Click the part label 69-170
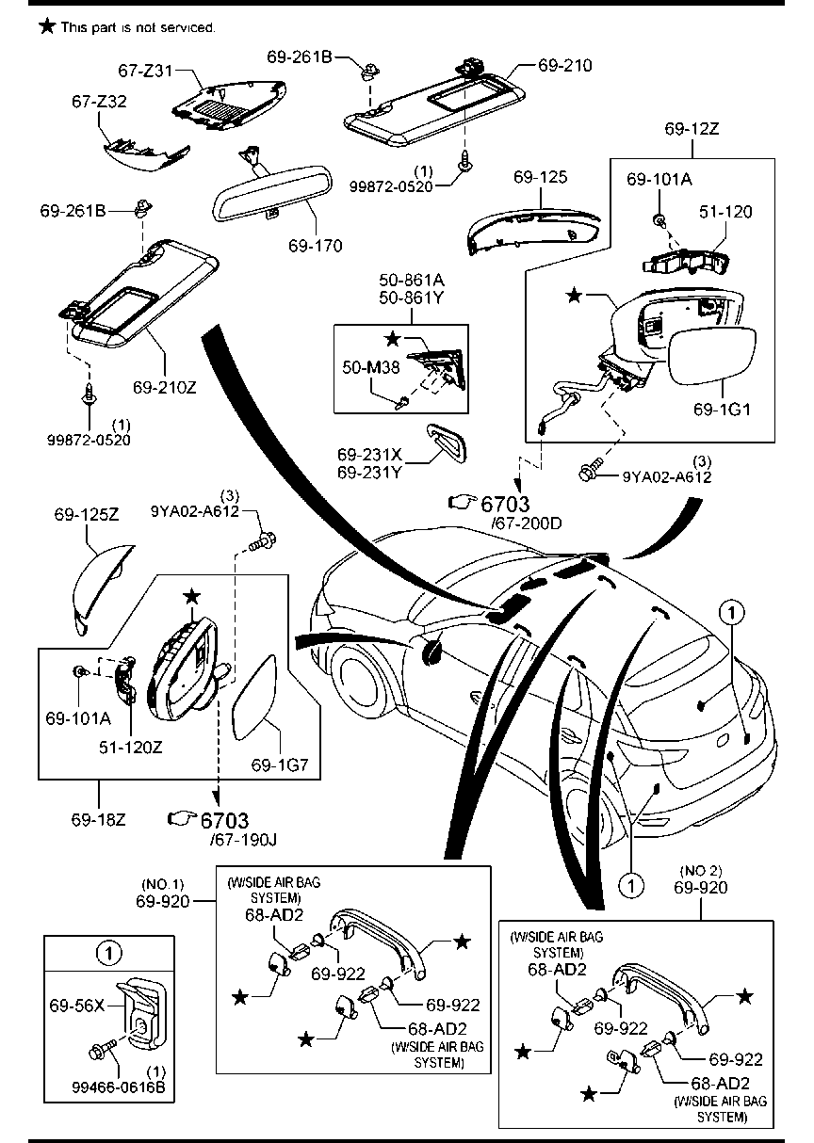tap(315, 246)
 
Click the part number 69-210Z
tap(164, 387)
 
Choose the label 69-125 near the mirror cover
tap(540, 177)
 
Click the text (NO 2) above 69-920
tap(701, 868)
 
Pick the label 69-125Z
tap(86, 515)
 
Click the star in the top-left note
tap(46, 26)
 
